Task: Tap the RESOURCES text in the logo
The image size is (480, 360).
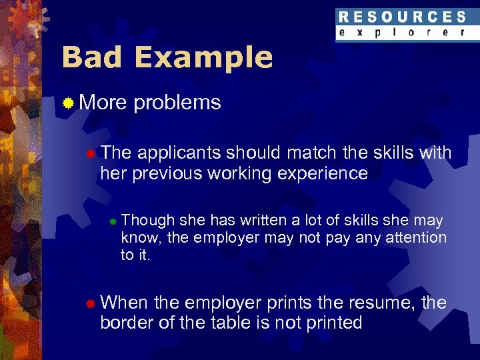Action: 402,17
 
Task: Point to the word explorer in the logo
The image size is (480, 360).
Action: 402,32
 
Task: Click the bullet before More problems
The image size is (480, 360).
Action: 68,103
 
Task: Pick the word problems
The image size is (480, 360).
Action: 177,103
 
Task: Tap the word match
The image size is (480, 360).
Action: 313,153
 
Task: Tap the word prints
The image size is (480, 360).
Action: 289,303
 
